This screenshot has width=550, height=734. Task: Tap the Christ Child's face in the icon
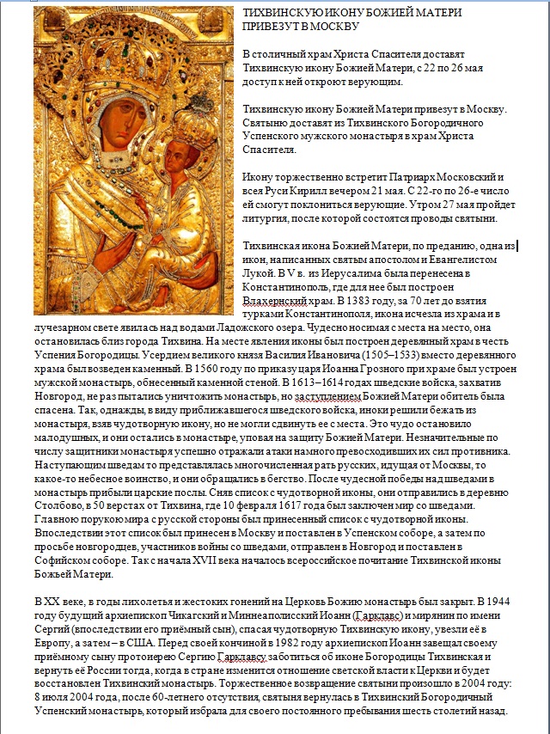(x=177, y=161)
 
